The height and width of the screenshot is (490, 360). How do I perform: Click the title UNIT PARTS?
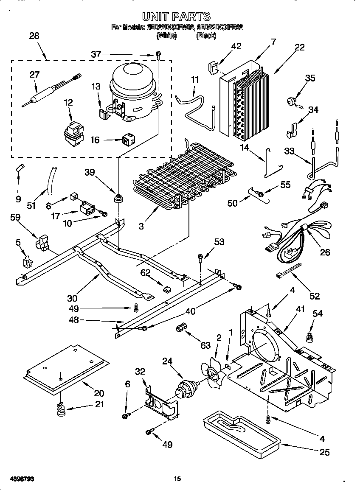[x=176, y=16]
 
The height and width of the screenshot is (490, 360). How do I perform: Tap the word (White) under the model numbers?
[x=166, y=36]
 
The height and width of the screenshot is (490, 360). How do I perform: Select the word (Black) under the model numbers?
[x=206, y=36]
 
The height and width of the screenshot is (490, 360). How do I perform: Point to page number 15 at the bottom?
[x=177, y=479]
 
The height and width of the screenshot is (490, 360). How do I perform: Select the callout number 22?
[x=299, y=47]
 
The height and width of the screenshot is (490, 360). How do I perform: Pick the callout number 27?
[x=34, y=74]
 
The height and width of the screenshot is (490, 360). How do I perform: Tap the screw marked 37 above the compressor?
[x=158, y=53]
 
